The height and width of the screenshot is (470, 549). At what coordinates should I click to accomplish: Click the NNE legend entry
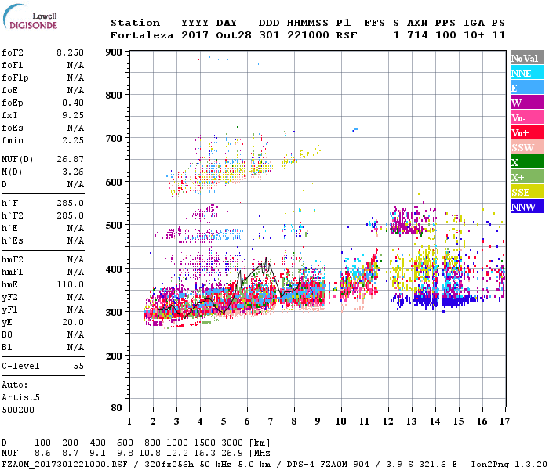click(527, 73)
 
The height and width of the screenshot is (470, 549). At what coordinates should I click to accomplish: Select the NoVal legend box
click(527, 58)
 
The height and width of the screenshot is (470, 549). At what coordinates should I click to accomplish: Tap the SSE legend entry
click(527, 192)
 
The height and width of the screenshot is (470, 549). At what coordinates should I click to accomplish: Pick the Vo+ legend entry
click(527, 132)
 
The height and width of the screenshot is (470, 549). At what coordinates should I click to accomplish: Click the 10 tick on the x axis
click(340, 421)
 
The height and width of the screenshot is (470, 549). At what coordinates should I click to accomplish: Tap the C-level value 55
click(78, 366)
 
